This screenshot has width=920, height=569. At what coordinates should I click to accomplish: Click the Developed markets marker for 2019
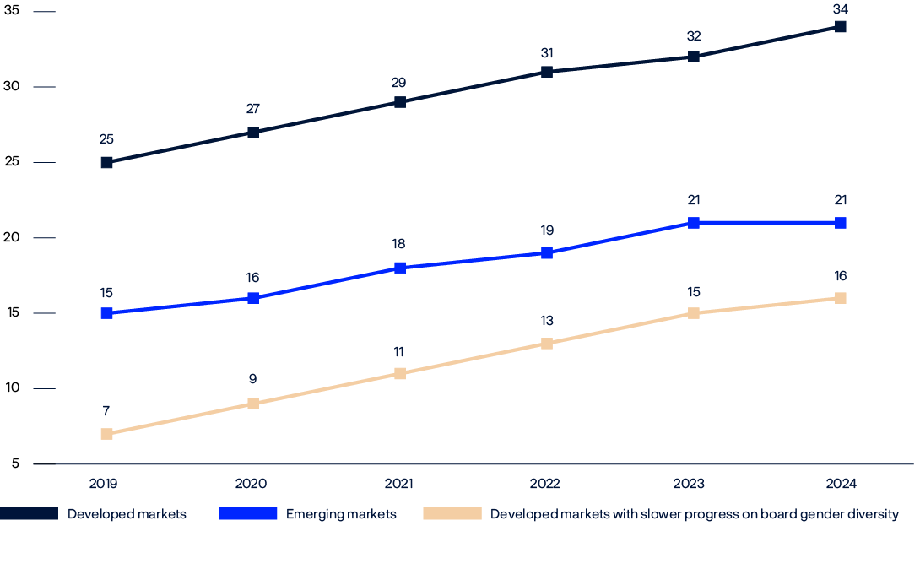pos(106,162)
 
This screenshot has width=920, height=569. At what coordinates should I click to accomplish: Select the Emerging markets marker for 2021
pos(400,268)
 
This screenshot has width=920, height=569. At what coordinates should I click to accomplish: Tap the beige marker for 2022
pos(547,343)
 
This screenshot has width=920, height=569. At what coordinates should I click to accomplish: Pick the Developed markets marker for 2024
pos(841,26)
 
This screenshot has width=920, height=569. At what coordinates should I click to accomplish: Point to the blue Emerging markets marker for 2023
pos(694,223)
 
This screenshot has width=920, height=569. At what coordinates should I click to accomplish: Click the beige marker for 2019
pos(106,434)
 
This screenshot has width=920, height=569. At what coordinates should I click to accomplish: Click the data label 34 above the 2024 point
pos(841,9)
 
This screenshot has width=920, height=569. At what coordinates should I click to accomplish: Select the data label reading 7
pos(106,411)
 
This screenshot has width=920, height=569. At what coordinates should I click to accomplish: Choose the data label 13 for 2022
pos(547,321)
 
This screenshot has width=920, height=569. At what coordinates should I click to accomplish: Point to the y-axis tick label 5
pos(15,463)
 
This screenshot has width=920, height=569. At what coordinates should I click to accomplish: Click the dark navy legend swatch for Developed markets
pos(29,513)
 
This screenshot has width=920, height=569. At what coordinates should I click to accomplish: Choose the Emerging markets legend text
pos(341,513)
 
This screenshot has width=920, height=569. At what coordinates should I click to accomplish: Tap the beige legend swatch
pos(452,513)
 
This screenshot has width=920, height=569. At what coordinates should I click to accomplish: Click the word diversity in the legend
pos(874,513)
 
